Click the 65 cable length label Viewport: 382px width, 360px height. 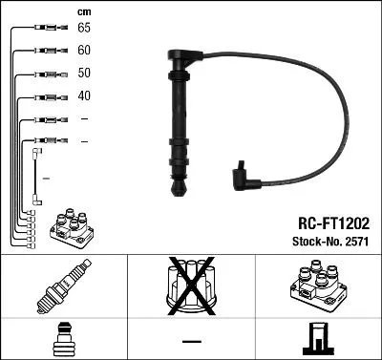tap(84, 29)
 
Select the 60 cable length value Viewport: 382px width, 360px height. tap(84, 51)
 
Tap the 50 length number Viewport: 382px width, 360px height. tap(84, 74)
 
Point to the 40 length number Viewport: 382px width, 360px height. tap(84, 96)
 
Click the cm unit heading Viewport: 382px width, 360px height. tap(83, 11)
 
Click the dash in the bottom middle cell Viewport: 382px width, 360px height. tap(191, 339)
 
